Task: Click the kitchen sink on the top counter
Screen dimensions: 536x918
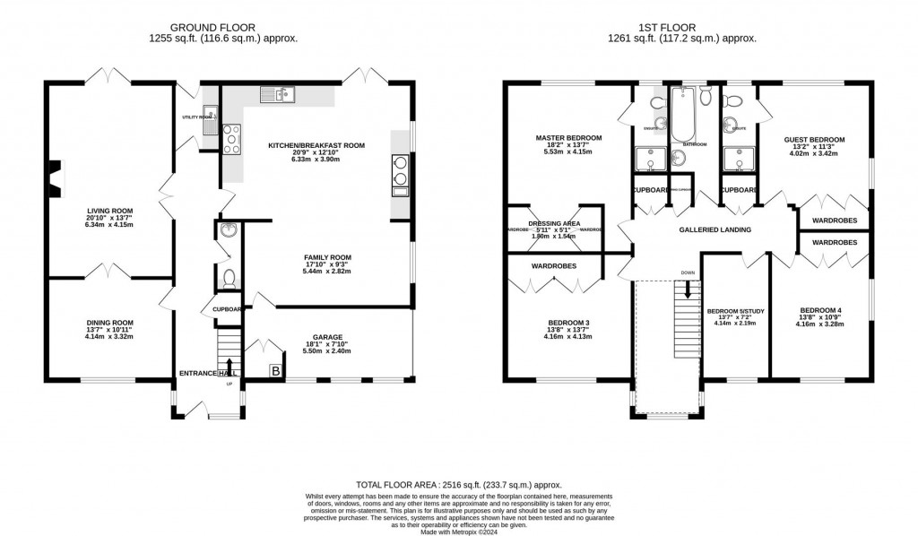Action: [277, 93]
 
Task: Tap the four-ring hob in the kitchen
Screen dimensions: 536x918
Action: [231, 138]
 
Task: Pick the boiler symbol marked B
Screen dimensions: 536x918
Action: [276, 370]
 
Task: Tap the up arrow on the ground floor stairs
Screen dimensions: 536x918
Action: [229, 364]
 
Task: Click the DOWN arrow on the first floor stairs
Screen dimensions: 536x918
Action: [688, 290]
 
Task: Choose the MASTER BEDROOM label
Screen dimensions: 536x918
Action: [568, 138]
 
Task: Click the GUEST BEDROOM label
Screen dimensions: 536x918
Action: [814, 140]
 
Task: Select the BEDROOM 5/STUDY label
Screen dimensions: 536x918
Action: [735, 311]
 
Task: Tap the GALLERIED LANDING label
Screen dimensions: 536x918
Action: [714, 229]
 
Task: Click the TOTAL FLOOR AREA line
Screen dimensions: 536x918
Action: [457, 482]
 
